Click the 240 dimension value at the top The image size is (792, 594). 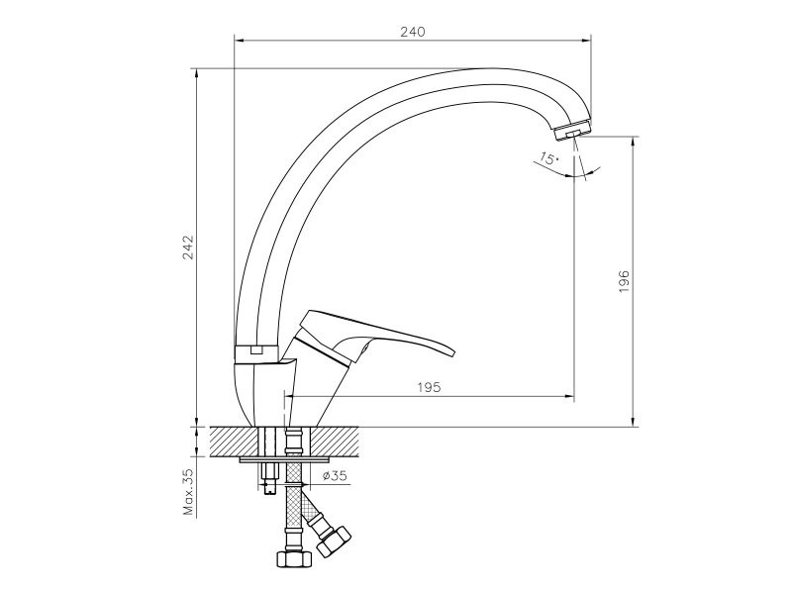click(x=413, y=32)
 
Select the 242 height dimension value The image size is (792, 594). click(x=188, y=247)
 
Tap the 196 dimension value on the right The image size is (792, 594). click(x=625, y=281)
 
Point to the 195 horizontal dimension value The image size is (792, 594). click(x=429, y=387)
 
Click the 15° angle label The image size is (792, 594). click(x=548, y=159)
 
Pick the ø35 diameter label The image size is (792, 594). click(x=335, y=475)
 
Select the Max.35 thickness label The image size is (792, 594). click(x=189, y=492)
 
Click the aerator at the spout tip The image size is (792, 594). click(x=573, y=132)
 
